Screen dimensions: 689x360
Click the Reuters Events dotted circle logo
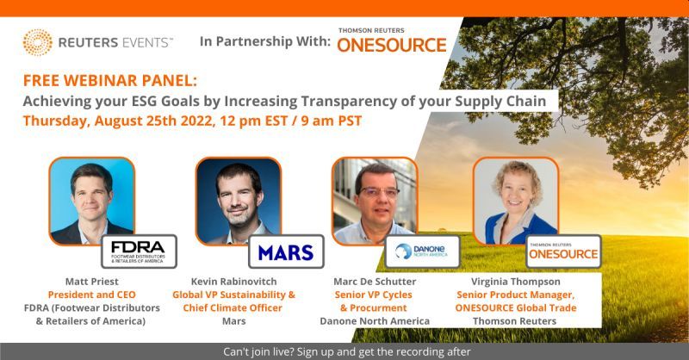pyautogui.click(x=37, y=43)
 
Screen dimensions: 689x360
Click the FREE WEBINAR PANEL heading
pyautogui.click(x=110, y=81)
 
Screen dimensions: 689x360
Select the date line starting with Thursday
pyautogui.click(x=192, y=121)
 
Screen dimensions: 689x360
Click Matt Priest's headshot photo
pyautogui.click(x=91, y=201)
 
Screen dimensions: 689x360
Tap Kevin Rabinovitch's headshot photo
pyautogui.click(x=239, y=201)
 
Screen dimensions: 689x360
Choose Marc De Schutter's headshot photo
pyautogui.click(x=375, y=201)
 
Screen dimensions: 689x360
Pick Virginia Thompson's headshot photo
pyautogui.click(x=516, y=201)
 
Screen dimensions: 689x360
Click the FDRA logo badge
pyautogui.click(x=139, y=251)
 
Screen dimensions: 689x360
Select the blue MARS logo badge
pyautogui.click(x=286, y=251)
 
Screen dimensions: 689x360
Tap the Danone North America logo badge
pyautogui.click(x=422, y=251)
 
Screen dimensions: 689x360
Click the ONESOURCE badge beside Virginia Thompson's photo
pyautogui.click(x=563, y=251)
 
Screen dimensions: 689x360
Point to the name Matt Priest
pyautogui.click(x=92, y=282)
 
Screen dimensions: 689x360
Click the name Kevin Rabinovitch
pyautogui.click(x=233, y=282)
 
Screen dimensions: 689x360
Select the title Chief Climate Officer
pyautogui.click(x=233, y=307)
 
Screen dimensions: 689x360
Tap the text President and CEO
pyautogui.click(x=92, y=295)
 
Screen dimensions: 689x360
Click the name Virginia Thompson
pyautogui.click(x=516, y=282)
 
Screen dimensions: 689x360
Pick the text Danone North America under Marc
pyautogui.click(x=375, y=321)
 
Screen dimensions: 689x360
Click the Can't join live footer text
pyautogui.click(x=347, y=352)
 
